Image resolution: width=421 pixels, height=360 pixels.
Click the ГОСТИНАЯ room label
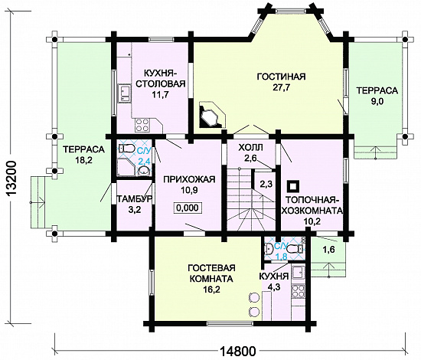281,77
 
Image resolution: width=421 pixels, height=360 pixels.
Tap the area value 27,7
281,88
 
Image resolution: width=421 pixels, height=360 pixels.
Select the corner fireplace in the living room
212,115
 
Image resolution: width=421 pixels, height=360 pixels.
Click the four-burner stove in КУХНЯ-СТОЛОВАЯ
142,125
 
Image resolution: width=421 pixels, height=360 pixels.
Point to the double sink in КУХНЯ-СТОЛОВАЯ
124,93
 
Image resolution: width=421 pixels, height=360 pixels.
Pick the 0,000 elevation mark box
188,208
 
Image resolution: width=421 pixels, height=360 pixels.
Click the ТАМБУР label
135,199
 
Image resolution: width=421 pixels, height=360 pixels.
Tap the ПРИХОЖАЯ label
189,179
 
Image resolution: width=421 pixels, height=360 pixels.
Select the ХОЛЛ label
250,147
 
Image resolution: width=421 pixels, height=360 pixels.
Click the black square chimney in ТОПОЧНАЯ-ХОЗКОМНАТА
293,185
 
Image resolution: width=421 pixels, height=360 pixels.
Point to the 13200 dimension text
11,179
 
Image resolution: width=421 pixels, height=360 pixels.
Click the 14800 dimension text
238,351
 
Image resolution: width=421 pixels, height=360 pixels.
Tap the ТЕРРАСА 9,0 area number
377,102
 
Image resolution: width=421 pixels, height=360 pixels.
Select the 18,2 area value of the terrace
83,160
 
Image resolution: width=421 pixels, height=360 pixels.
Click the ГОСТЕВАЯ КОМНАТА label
211,273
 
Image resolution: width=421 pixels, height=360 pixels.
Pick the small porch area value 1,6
328,250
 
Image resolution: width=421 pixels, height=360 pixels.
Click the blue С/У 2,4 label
144,156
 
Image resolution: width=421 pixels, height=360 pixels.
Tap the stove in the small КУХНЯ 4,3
298,291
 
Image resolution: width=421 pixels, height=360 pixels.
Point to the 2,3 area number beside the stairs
266,185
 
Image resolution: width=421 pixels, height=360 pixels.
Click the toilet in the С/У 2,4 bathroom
127,149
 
